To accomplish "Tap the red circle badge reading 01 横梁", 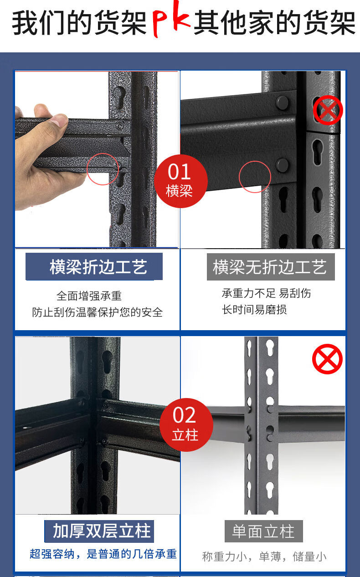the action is point(181,181).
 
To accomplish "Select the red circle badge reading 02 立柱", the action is point(186,425).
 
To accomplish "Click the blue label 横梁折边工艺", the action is point(94,266).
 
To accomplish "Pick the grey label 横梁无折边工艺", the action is point(271,267).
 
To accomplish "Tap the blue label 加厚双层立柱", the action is point(99,531).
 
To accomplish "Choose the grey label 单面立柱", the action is point(264,531).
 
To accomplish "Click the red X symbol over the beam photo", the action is point(328,110).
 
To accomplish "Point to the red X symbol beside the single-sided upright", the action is point(327,359).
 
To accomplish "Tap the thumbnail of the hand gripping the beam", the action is point(97,159).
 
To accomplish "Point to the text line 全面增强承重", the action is point(89,296).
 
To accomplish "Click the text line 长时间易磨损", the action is point(254,309).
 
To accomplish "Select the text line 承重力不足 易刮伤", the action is point(267,293).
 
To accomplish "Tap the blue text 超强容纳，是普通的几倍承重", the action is point(103,554).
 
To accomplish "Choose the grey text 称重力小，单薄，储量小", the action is point(264,557).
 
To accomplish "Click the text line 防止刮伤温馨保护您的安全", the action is point(98,312).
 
